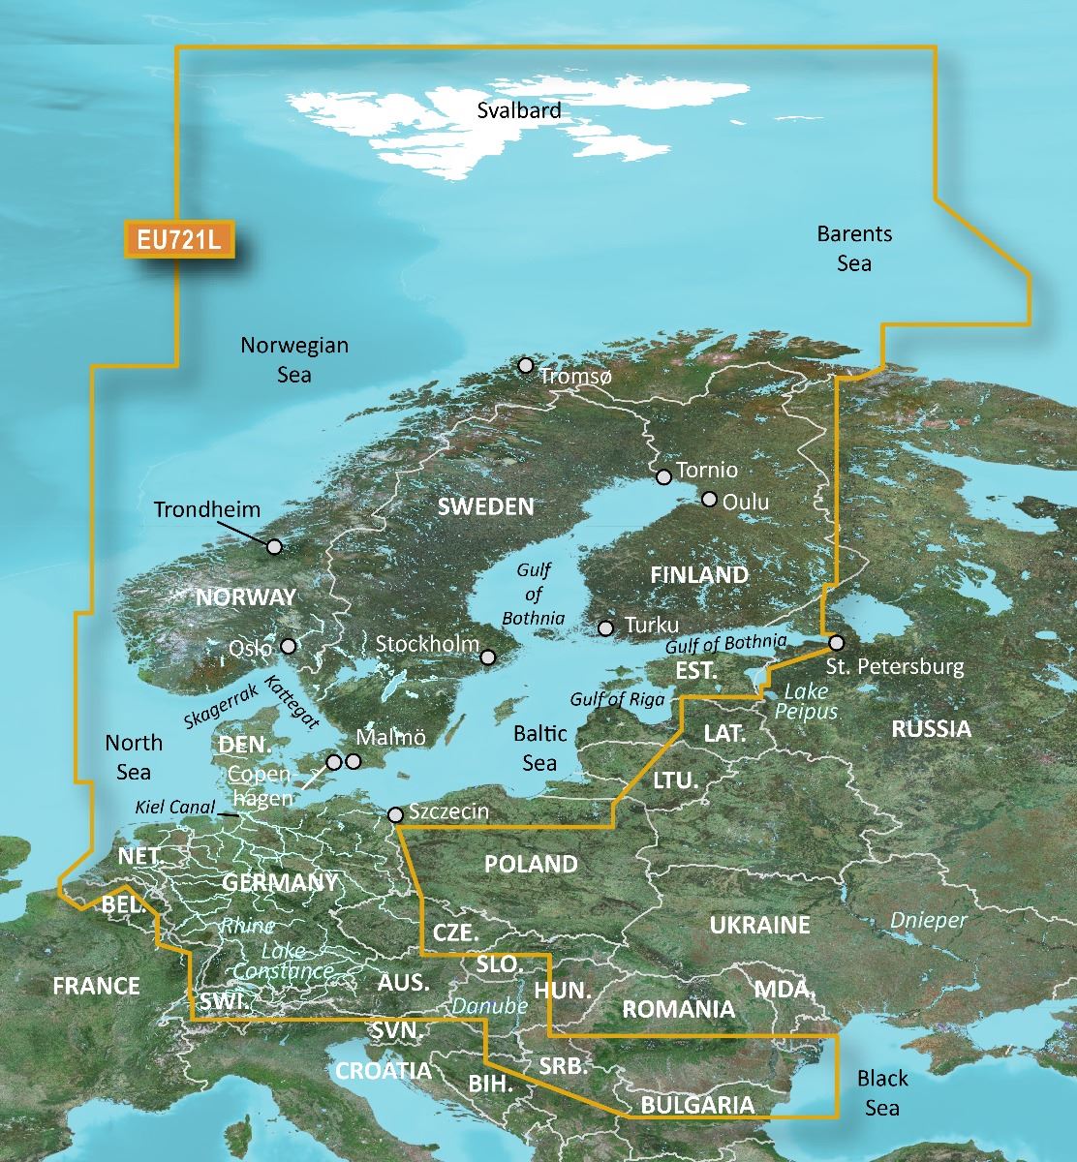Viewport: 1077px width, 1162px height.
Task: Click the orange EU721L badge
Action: (x=179, y=240)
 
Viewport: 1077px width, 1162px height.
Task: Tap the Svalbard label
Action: (x=518, y=110)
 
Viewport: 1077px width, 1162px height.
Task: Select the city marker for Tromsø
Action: (x=526, y=365)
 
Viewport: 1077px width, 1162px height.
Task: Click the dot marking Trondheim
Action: (x=275, y=546)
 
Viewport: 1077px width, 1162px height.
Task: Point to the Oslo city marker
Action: (x=288, y=646)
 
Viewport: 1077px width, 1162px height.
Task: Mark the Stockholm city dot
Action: (x=489, y=657)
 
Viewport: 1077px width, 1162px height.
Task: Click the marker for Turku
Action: (x=606, y=627)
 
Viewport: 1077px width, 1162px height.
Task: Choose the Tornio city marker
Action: (x=663, y=476)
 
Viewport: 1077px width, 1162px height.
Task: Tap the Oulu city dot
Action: (x=709, y=500)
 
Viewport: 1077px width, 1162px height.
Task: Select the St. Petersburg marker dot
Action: (x=836, y=642)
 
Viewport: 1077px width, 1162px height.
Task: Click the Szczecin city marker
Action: (x=395, y=814)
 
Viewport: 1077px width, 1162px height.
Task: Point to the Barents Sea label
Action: (x=854, y=248)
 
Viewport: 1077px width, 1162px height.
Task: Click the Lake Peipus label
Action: (x=806, y=701)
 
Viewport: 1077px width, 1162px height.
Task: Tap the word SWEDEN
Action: (x=485, y=506)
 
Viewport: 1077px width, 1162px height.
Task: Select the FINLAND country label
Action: (x=699, y=575)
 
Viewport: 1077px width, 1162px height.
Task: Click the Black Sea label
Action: (x=882, y=1092)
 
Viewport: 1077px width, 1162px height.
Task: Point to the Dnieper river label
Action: (x=928, y=920)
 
